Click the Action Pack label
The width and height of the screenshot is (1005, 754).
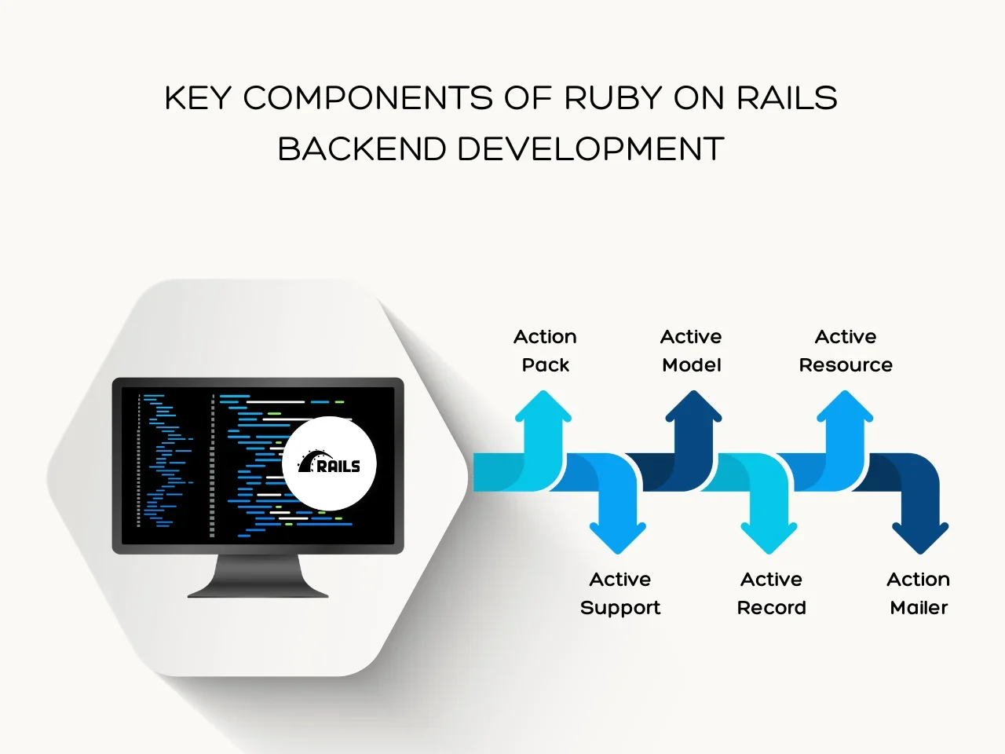tap(545, 351)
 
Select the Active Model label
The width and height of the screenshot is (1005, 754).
tap(691, 351)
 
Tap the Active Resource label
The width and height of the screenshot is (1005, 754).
tap(846, 351)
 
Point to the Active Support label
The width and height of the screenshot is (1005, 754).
tap(620, 594)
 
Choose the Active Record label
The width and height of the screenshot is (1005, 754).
tap(771, 594)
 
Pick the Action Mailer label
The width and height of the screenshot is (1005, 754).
tap(919, 594)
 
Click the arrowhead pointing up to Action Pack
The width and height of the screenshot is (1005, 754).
tap(543, 408)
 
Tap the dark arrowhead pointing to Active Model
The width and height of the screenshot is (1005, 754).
tap(693, 408)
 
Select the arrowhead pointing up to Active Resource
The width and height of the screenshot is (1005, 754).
tap(845, 408)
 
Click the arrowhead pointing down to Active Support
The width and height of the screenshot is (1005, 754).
tap(618, 537)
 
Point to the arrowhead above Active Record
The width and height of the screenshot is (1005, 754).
tap(769, 537)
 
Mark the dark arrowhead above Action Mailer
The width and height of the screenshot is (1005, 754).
tap(920, 537)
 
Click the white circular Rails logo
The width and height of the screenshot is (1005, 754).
tap(329, 463)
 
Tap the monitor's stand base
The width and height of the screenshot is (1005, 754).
tap(258, 590)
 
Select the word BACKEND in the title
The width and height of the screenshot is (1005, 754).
tap(362, 149)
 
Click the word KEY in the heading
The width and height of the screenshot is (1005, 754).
tap(198, 98)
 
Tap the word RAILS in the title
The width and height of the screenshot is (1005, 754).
tap(787, 98)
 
